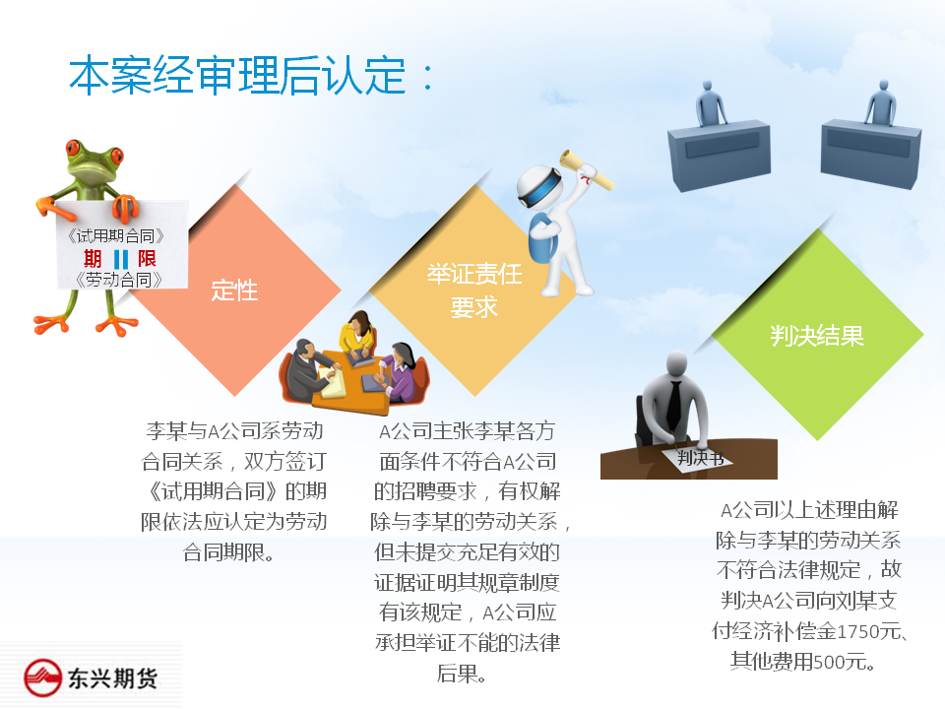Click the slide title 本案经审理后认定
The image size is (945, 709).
point(237,76)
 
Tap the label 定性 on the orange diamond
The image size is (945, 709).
point(234,290)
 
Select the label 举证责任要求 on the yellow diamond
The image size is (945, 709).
point(474,290)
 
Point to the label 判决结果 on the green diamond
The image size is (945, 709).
point(817,336)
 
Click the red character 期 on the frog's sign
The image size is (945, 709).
point(93,259)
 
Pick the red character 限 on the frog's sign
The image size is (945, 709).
point(147,259)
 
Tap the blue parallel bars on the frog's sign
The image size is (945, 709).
point(121,260)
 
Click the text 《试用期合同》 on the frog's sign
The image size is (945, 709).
point(116,235)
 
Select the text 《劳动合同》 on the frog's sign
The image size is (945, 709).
point(119,280)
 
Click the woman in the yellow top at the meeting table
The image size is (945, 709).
point(358,337)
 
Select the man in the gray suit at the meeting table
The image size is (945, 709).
point(307,371)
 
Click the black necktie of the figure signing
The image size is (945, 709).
point(674,405)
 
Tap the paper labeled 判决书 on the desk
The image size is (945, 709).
point(699,459)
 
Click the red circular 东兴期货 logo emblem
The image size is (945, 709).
point(42,677)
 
